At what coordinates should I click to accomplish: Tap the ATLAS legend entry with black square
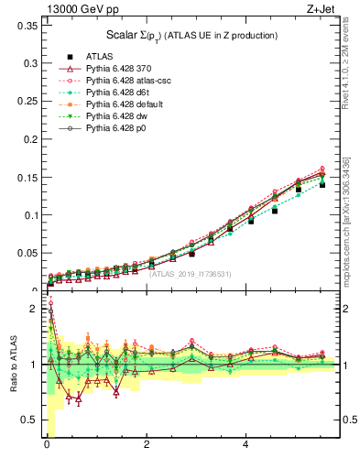(x=101, y=56)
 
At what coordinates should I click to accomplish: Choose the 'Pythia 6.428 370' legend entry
(x=121, y=68)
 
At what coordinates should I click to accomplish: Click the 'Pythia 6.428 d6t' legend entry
(x=120, y=92)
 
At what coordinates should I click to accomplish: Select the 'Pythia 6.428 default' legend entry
(x=125, y=104)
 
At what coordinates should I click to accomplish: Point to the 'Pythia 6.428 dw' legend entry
(x=119, y=115)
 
